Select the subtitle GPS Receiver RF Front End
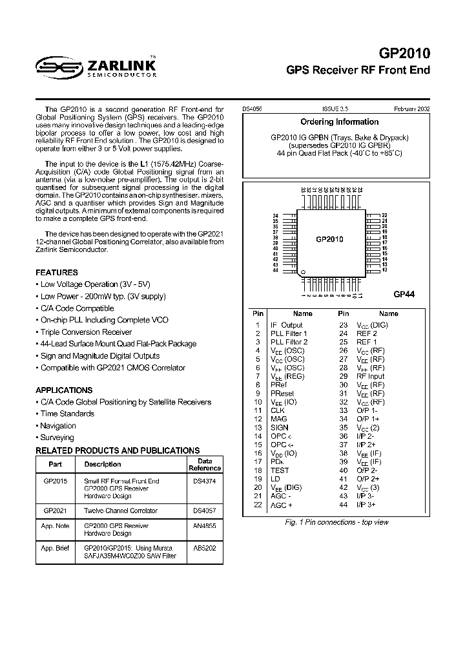(358, 70)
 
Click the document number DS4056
(253, 110)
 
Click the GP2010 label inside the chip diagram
(329, 239)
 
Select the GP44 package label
(404, 293)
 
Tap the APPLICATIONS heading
(64, 390)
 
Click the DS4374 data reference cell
(204, 481)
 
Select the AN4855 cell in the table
(204, 526)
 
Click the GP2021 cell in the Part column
(56, 511)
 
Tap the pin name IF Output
(286, 325)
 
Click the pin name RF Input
(371, 375)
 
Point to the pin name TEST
(280, 470)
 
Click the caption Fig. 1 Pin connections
(337, 522)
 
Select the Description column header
(103, 464)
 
